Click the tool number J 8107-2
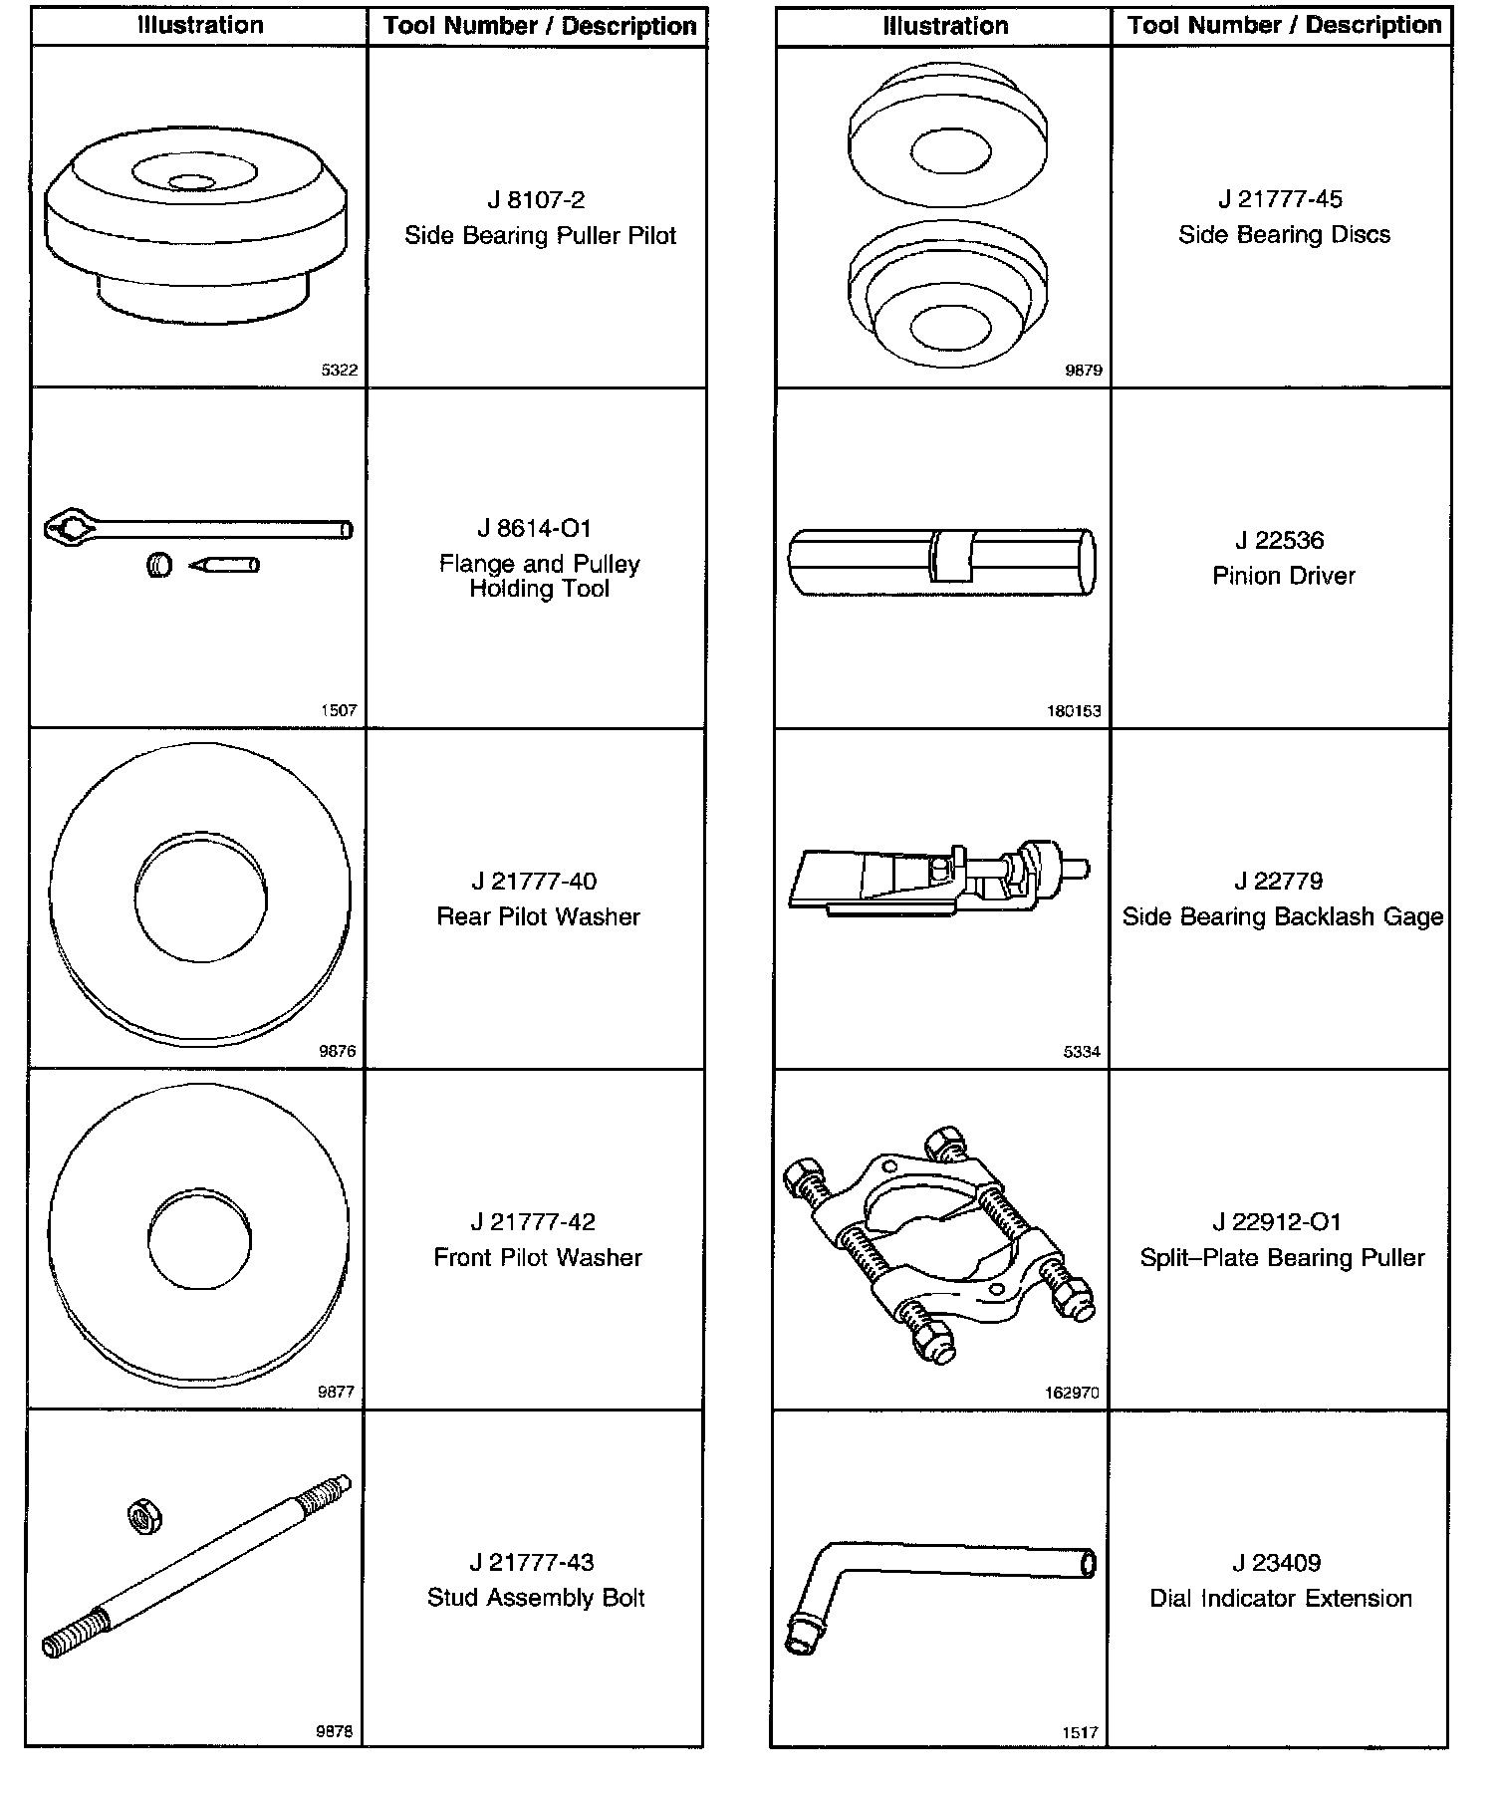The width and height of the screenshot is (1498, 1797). point(536,200)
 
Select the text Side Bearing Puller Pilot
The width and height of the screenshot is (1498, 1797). point(540,236)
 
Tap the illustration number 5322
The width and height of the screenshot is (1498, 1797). point(339,370)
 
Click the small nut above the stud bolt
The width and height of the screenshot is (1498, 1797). point(145,1517)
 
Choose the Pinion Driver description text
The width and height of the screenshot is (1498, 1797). point(1283,576)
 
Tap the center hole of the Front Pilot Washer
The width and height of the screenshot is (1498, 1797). point(199,1236)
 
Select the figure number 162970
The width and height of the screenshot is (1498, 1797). point(1072,1393)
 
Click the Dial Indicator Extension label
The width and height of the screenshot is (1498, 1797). point(1281,1598)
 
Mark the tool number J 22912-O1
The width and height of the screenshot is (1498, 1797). point(1277,1222)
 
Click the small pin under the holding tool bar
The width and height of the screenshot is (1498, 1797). point(225,565)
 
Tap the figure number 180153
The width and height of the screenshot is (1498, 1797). point(1074,711)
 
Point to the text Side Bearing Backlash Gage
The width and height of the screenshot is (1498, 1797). point(1282,916)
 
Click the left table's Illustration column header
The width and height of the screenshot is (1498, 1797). point(200,26)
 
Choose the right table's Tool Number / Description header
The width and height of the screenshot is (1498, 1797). point(1284,26)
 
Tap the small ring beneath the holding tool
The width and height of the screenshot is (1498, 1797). point(159,566)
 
